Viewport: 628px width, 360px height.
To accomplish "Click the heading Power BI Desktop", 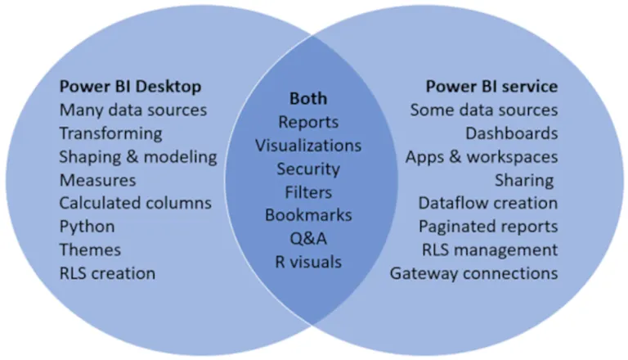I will [x=131, y=86].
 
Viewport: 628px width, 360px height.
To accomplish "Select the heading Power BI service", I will [x=491, y=86].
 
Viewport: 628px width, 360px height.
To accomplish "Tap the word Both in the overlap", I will [x=308, y=98].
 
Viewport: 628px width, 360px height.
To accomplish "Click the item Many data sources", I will [x=133, y=109].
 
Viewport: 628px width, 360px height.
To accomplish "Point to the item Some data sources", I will [x=484, y=109].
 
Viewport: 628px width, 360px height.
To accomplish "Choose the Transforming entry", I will [x=110, y=133].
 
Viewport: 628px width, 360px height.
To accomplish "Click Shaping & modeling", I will [x=138, y=156].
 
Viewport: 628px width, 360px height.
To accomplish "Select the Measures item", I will [x=97, y=179].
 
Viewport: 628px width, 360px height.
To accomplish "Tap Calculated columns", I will [x=136, y=203].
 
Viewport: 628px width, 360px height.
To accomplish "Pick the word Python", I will [x=87, y=226].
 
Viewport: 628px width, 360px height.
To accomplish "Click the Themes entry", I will [x=90, y=250].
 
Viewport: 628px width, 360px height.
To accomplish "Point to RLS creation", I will [x=107, y=272].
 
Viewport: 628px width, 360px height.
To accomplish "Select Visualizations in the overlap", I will [x=308, y=146].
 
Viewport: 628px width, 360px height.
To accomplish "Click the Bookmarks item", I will [x=308, y=215].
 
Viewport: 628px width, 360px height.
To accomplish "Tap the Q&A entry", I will [x=308, y=239].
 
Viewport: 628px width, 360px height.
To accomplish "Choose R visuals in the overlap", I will [x=308, y=262].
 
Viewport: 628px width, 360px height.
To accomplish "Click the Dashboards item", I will [x=512, y=133].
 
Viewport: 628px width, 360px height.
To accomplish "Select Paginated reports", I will [x=488, y=226].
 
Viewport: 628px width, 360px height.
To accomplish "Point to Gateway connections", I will [x=473, y=272].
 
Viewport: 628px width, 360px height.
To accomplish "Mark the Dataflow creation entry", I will [x=488, y=203].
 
